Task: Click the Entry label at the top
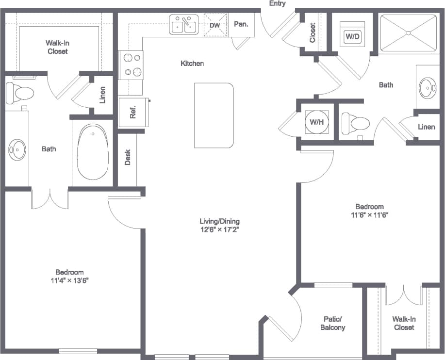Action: (x=277, y=3)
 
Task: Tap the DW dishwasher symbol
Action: (x=215, y=25)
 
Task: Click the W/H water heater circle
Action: (x=316, y=122)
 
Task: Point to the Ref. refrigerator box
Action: (x=132, y=112)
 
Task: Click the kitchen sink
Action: (x=184, y=25)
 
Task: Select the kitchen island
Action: (x=214, y=115)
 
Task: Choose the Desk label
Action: (x=128, y=157)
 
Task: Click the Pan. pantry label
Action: (x=241, y=24)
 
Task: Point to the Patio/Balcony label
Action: (x=334, y=323)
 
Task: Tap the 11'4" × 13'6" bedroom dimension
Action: (x=69, y=280)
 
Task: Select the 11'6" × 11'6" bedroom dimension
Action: (x=369, y=214)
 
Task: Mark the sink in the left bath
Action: (x=17, y=150)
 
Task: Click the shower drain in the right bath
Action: (x=409, y=33)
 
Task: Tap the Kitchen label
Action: (x=192, y=64)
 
